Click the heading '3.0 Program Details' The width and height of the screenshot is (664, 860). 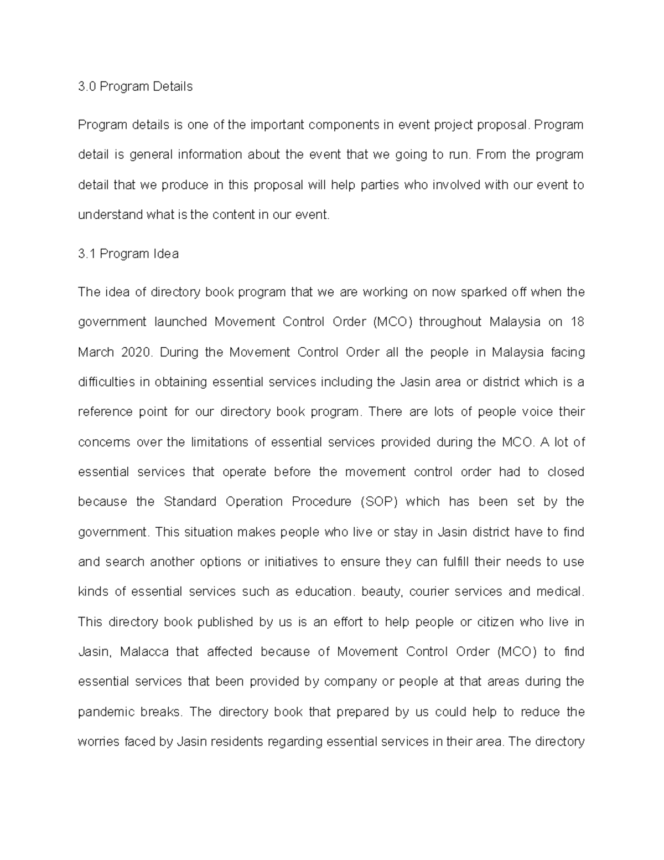point(135,86)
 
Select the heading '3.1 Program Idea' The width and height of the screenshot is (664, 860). point(128,254)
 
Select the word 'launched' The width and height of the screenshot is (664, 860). point(180,322)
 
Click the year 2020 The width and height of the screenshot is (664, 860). point(135,352)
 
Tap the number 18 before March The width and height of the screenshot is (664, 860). point(577,322)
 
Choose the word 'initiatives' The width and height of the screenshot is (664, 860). point(290,562)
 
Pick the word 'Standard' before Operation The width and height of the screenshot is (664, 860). point(190,502)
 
